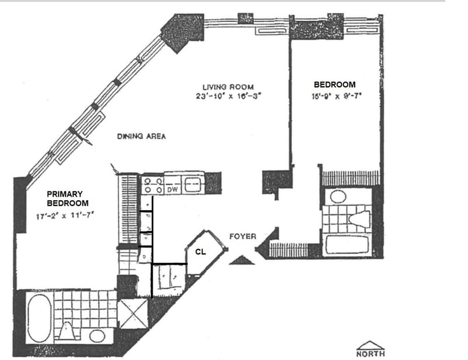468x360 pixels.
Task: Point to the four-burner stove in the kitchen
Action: [153, 186]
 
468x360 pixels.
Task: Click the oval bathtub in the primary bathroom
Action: [39, 317]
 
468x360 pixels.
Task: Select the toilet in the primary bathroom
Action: [67, 332]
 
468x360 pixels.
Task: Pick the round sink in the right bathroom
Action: [338, 196]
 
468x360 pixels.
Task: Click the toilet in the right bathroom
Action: [361, 219]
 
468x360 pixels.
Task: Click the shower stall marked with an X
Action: [133, 315]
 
